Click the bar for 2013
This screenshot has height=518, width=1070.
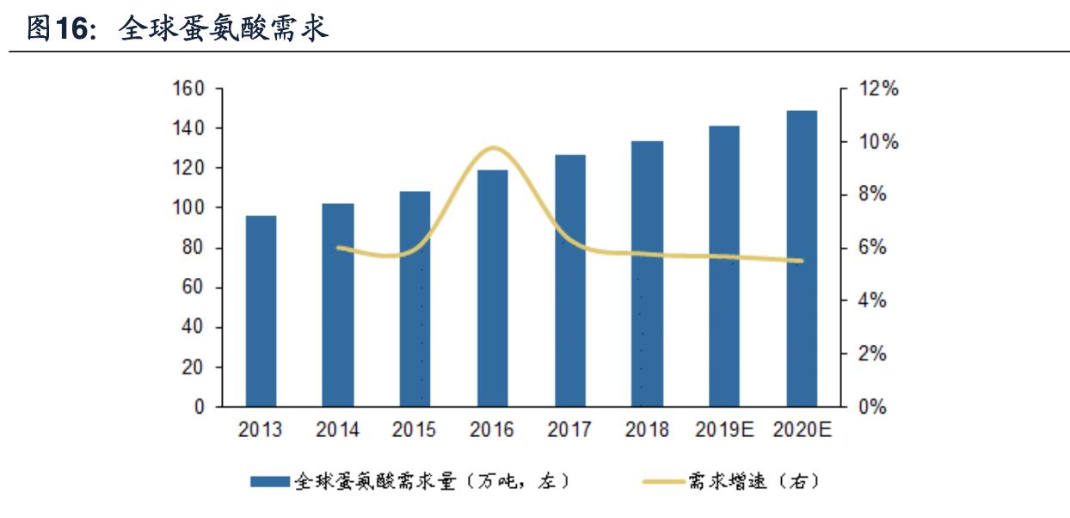pos(261,311)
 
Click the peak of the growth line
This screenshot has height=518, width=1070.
pos(493,148)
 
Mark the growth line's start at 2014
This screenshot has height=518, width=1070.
pos(338,247)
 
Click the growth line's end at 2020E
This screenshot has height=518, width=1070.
pos(802,261)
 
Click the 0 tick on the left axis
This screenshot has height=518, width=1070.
pos(199,407)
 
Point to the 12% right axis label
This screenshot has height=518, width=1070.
pos(878,89)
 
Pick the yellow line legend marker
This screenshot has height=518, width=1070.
pos(664,482)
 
